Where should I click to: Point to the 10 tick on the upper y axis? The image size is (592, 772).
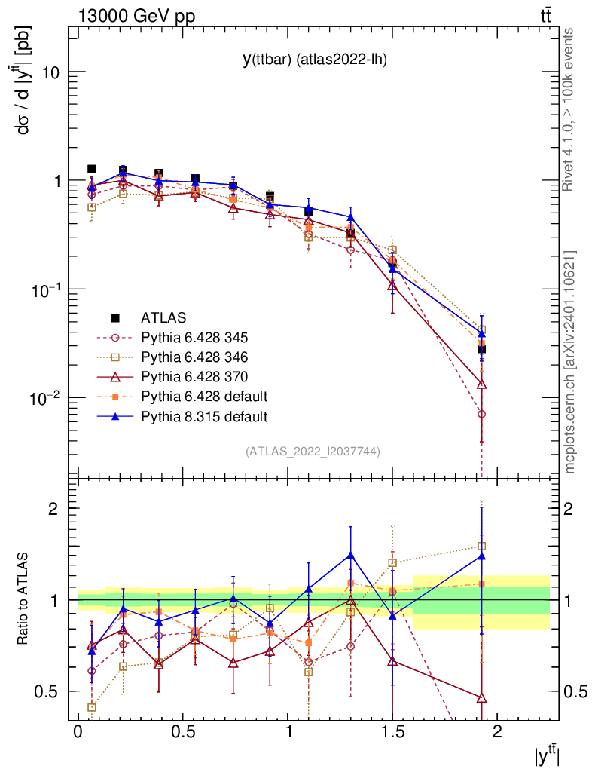[x=56, y=73]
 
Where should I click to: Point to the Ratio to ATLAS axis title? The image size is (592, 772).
[x=25, y=600]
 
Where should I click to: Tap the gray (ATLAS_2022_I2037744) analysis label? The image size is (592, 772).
[x=313, y=452]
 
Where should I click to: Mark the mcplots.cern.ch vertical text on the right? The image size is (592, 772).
[x=571, y=363]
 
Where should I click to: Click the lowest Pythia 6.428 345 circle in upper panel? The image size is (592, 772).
[x=481, y=414]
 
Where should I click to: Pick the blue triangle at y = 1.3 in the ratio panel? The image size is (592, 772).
[x=351, y=556]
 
